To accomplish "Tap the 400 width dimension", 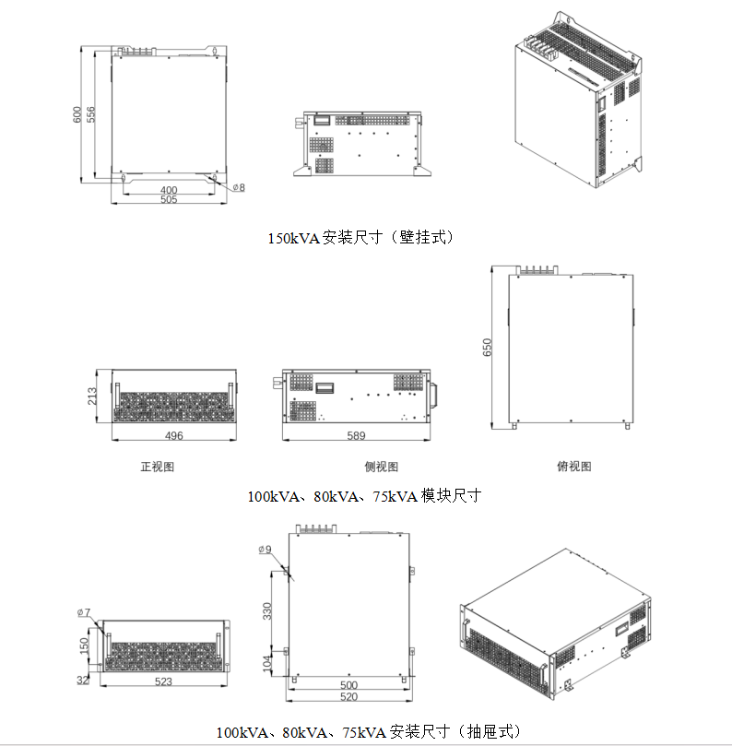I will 169,190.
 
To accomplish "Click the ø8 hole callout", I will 237,187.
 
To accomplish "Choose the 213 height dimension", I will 93,397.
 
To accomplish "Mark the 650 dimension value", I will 488,347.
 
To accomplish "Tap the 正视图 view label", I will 157,467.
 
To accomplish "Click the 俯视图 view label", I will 574,467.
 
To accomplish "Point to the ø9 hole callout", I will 266,550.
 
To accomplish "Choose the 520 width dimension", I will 348,697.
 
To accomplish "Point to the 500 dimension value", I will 348,685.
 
